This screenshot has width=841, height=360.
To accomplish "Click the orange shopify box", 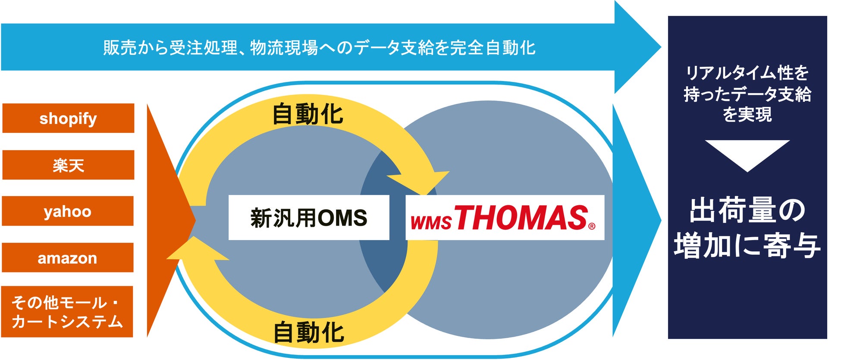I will (68, 118).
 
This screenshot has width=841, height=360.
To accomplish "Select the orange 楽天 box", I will (68, 165).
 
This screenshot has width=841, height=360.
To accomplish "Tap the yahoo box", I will (68, 211).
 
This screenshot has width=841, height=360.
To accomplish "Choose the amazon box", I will (68, 258).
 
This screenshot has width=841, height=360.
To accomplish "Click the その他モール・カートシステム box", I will (67, 312).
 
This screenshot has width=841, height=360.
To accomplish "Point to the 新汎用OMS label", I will (308, 218).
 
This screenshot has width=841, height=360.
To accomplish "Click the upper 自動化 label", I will (308, 115).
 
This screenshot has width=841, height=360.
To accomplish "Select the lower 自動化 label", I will (309, 332).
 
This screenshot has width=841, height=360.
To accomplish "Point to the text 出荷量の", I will (747, 210).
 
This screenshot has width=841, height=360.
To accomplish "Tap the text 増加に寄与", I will (747, 246).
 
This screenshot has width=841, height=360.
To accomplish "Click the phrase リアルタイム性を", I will (747, 72).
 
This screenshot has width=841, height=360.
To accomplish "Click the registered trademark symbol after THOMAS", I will (592, 226).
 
